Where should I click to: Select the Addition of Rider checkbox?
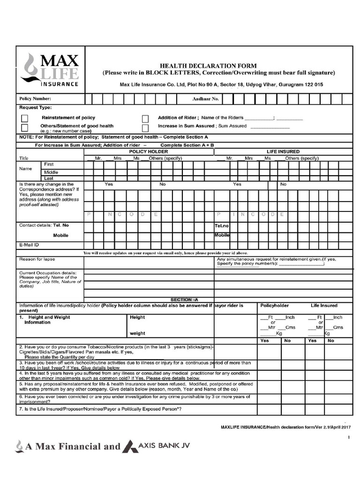[145, 118]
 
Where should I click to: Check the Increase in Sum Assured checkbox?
[145, 127]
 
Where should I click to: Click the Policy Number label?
[35, 99]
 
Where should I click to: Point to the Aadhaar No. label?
[206, 99]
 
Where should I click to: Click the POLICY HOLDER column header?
[148, 152]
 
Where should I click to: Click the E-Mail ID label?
[29, 245]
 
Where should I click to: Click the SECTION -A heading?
[184, 299]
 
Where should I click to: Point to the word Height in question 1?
[137, 317]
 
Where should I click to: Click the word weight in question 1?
[137, 334]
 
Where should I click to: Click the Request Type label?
[35, 107]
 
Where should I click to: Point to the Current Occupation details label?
[47, 272]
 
